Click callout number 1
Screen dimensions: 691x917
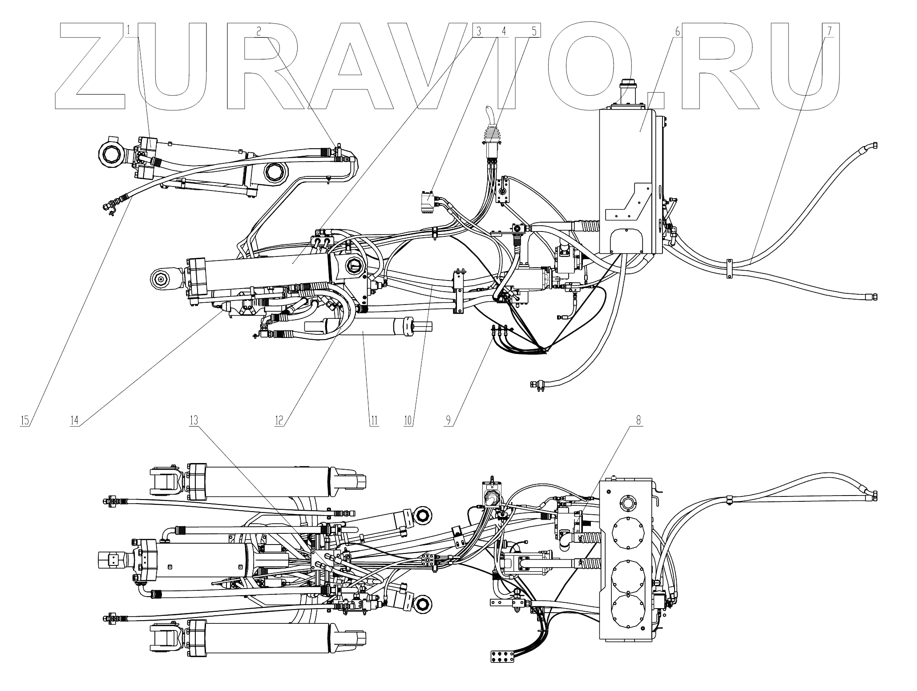pyautogui.click(x=129, y=31)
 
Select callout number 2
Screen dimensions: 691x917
pyautogui.click(x=259, y=31)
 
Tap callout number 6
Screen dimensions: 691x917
pyautogui.click(x=677, y=31)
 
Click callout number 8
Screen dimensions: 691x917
pyautogui.click(x=638, y=420)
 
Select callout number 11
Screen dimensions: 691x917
pyautogui.click(x=374, y=420)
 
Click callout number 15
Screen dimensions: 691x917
pyautogui.click(x=24, y=420)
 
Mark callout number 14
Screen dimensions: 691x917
pyautogui.click(x=74, y=420)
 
